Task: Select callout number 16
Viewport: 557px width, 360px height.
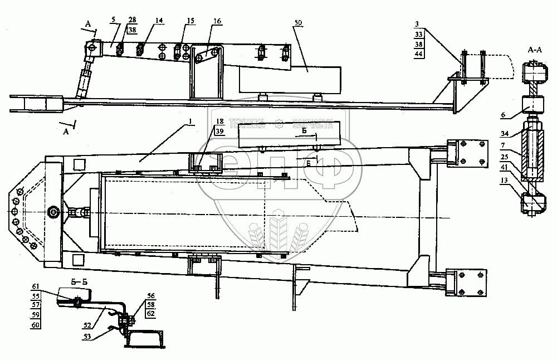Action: (217, 22)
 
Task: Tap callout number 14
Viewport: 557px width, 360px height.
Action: (159, 21)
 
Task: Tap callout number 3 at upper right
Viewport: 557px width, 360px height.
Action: (417, 25)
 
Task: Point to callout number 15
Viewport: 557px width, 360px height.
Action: (191, 21)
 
